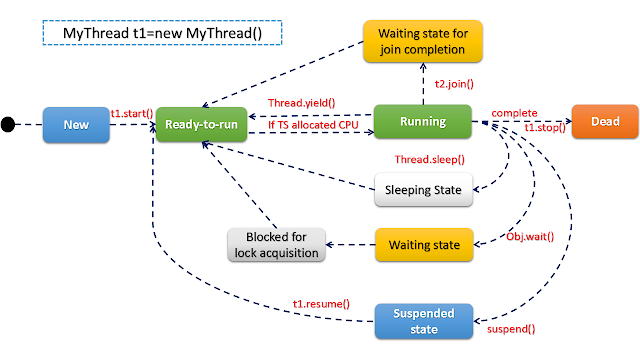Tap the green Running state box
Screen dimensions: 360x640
[x=422, y=123]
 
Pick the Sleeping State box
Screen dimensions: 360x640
[x=421, y=191]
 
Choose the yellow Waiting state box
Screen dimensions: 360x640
[x=422, y=244]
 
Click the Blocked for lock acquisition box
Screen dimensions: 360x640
[x=275, y=245]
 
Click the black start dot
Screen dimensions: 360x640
[x=9, y=125]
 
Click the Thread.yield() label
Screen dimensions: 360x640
[x=300, y=103]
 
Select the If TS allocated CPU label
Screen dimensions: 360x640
[x=312, y=125]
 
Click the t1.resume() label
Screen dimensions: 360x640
[x=320, y=301]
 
